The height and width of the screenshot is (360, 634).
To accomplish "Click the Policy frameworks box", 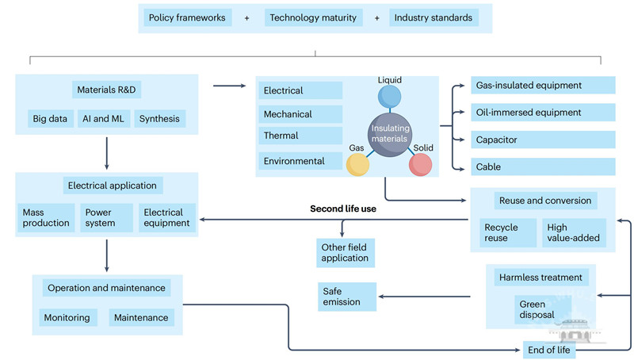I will [188, 17].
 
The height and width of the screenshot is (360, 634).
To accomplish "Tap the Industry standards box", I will [433, 17].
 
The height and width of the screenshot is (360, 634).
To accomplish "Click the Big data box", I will [50, 120].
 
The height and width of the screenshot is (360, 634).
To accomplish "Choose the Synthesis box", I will [159, 120].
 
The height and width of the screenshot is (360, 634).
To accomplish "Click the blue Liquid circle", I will [390, 97].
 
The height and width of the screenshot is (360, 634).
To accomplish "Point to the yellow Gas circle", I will [358, 163].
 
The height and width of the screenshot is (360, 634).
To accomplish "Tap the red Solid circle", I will [420, 164].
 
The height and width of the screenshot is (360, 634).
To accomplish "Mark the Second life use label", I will [343, 209].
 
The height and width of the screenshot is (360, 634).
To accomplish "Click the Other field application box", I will [345, 252].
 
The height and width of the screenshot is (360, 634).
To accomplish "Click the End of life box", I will [549, 349].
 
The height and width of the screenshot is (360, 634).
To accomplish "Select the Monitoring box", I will [67, 317].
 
